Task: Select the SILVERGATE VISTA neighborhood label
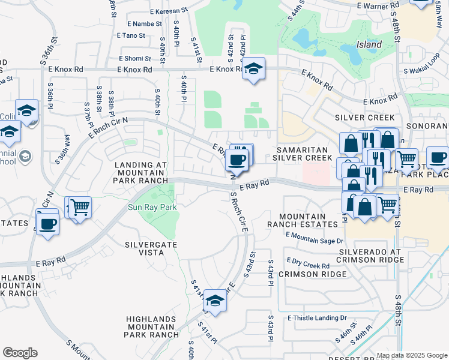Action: point(144,248)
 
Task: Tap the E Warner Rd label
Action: point(377,5)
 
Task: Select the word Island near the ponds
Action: point(369,44)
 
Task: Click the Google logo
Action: point(20,353)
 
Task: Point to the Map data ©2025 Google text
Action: point(412,355)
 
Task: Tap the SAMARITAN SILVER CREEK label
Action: point(303,153)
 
